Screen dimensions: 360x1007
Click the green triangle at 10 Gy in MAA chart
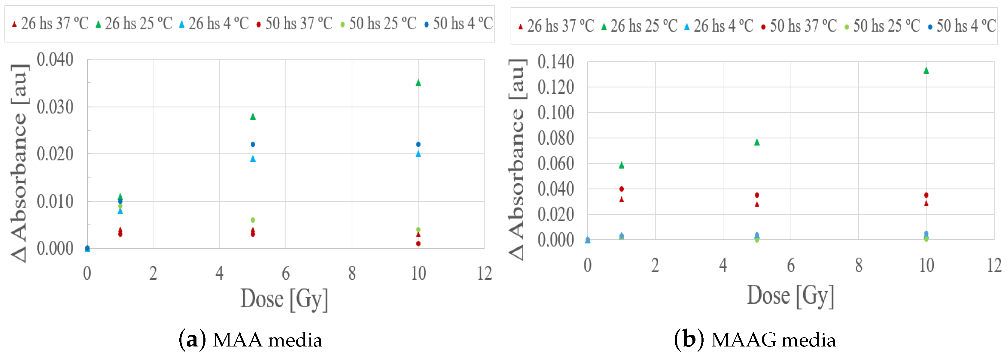[418, 83]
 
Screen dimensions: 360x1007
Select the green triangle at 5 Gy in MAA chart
[253, 116]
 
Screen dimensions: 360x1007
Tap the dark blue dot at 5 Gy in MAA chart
[253, 144]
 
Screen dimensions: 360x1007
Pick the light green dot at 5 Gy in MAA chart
[253, 220]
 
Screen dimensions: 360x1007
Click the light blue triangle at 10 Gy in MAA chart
[418, 154]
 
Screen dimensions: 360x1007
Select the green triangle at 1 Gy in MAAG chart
[622, 165]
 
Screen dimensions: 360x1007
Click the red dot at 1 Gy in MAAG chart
[622, 189]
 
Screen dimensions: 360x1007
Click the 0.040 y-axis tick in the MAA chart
[55, 60]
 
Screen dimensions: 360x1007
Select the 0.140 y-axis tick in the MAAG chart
[555, 62]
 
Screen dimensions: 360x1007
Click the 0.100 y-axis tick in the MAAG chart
[555, 113]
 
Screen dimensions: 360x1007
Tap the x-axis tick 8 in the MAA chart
[352, 274]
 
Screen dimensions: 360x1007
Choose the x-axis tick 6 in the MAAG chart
[791, 266]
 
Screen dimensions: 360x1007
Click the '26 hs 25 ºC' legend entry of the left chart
[134, 24]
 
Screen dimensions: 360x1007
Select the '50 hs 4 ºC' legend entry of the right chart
[962, 26]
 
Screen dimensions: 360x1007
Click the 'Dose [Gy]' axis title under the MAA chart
[284, 299]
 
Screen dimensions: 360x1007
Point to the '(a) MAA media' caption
[251, 340]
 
